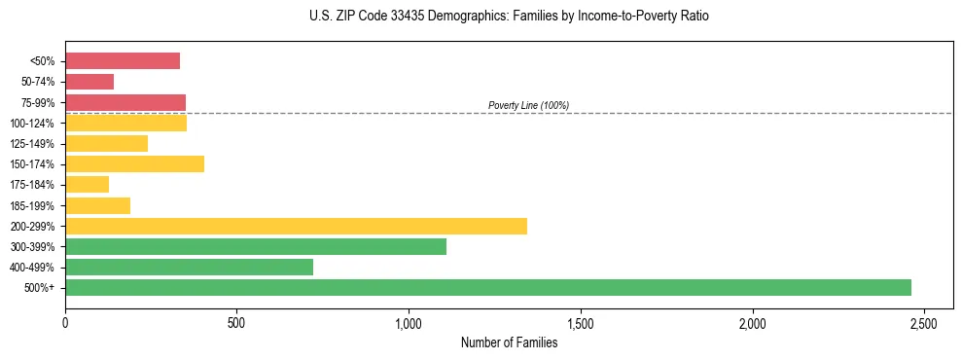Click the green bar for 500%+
[x=487, y=287]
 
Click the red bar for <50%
[x=123, y=60]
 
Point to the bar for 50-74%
[x=89, y=82]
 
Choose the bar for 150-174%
[x=134, y=163]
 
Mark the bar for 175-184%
[x=87, y=185]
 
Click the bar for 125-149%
[x=106, y=143]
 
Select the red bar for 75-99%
[x=125, y=102]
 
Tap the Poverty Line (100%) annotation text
[x=528, y=105]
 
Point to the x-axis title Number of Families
[x=509, y=342]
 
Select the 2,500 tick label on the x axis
[x=924, y=322]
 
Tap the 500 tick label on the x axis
[x=236, y=322]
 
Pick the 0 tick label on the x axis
[x=65, y=322]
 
